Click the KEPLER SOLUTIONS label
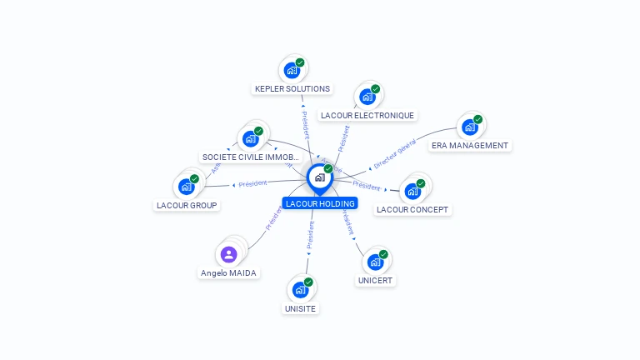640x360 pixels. click(292, 88)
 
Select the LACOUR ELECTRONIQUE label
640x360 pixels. click(367, 115)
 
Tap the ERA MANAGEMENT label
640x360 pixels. click(469, 145)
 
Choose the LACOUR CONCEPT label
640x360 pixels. click(412, 209)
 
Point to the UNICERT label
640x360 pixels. click(375, 281)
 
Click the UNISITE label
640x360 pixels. click(300, 308)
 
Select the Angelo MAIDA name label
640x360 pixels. click(229, 272)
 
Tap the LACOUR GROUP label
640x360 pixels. click(187, 205)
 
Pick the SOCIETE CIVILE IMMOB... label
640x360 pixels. click(251, 157)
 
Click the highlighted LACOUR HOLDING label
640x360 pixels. click(319, 203)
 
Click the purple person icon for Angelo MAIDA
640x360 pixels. click(229, 254)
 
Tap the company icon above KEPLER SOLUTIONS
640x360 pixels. click(292, 70)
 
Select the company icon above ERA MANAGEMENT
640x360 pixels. click(469, 127)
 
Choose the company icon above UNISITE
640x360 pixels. click(300, 290)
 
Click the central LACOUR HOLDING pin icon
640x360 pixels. click(319, 177)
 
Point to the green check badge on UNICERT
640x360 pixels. click(383, 254)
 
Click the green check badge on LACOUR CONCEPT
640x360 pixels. click(421, 183)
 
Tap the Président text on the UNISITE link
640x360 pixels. click(311, 236)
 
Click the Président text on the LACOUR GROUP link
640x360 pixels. click(252, 182)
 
